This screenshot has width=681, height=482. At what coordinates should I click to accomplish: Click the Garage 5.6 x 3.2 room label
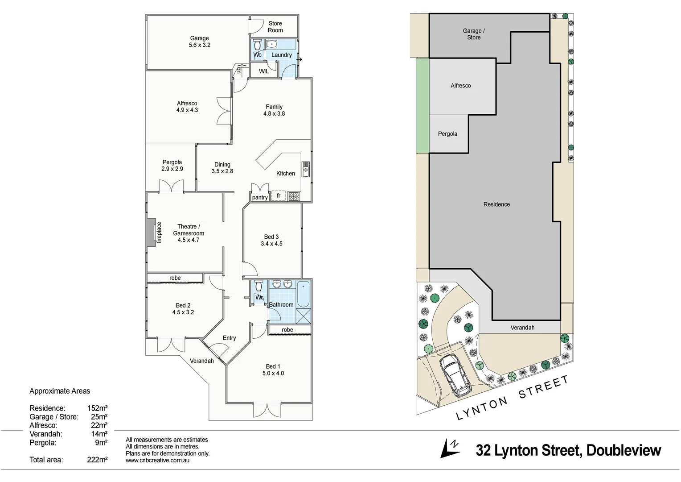coord(199,42)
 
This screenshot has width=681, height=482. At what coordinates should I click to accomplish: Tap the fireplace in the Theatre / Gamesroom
coord(152,233)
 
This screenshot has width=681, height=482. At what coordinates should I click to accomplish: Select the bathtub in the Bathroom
coord(303,295)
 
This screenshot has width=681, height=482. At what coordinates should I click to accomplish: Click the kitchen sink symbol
coord(305,170)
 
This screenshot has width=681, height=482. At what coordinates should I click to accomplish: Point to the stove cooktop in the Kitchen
coord(294,196)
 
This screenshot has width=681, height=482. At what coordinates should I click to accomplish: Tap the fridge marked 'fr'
coord(279,196)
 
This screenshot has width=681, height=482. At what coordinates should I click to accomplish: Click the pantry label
coord(260,197)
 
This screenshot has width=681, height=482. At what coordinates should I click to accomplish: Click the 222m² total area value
coord(97,460)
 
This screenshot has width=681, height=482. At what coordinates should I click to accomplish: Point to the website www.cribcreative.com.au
coord(157,460)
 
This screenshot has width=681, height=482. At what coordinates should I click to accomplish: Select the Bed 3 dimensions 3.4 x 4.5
coord(271,244)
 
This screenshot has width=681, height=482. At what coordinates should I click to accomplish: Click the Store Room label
coord(275,27)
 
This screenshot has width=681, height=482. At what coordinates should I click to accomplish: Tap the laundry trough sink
coord(271,44)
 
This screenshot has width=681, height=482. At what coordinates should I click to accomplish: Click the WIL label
coord(264,71)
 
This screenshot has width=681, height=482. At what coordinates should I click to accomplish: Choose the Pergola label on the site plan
coord(447,134)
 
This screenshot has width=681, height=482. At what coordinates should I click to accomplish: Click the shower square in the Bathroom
coord(304,316)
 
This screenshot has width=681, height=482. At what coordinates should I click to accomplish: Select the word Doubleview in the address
coord(624,450)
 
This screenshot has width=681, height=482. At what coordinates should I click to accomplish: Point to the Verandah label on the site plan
coord(522,328)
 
